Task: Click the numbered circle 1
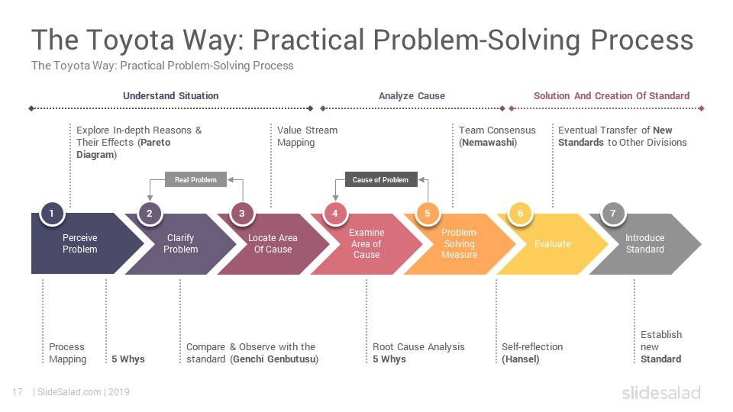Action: [x=51, y=214]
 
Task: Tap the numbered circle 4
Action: [x=334, y=214]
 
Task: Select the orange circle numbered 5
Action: [x=428, y=214]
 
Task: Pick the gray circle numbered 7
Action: [x=613, y=214]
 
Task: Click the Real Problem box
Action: [x=195, y=179]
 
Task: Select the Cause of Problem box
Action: [x=381, y=179]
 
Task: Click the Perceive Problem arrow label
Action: [x=80, y=243]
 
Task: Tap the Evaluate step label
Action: [x=553, y=244]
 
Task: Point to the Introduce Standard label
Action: [x=644, y=243]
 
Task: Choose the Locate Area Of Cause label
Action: [x=273, y=243]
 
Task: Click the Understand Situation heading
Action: [x=170, y=96]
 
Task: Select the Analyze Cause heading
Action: [x=412, y=96]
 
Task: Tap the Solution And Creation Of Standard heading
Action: [x=612, y=96]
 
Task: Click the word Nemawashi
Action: [x=488, y=143]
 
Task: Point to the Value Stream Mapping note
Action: [x=307, y=136]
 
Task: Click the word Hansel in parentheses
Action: [x=520, y=359]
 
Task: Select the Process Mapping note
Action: [x=68, y=353]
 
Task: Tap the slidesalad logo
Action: [x=661, y=392]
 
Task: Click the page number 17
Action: [x=18, y=392]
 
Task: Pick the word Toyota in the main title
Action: [x=131, y=40]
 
